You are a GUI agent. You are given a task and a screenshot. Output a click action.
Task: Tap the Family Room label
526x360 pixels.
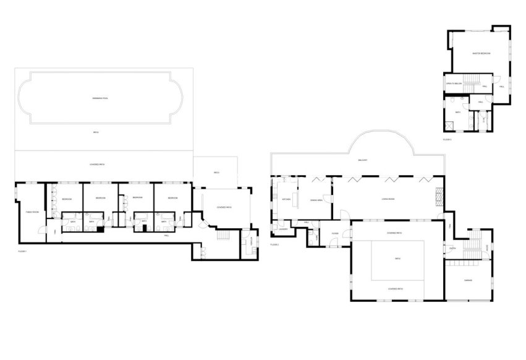click(29, 212)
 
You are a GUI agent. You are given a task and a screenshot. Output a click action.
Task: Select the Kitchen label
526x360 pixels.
click(286, 199)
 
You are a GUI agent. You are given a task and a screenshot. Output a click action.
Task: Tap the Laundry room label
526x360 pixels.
click(283, 229)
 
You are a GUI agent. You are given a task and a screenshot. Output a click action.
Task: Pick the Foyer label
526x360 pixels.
click(334, 233)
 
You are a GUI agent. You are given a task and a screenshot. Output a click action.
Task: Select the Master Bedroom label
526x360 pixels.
click(481, 54)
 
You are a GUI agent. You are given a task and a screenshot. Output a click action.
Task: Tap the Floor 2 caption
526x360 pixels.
click(275, 246)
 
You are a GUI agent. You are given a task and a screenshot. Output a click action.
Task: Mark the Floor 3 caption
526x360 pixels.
click(448, 140)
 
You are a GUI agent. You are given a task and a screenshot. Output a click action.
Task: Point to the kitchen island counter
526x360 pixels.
click(295, 199)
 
